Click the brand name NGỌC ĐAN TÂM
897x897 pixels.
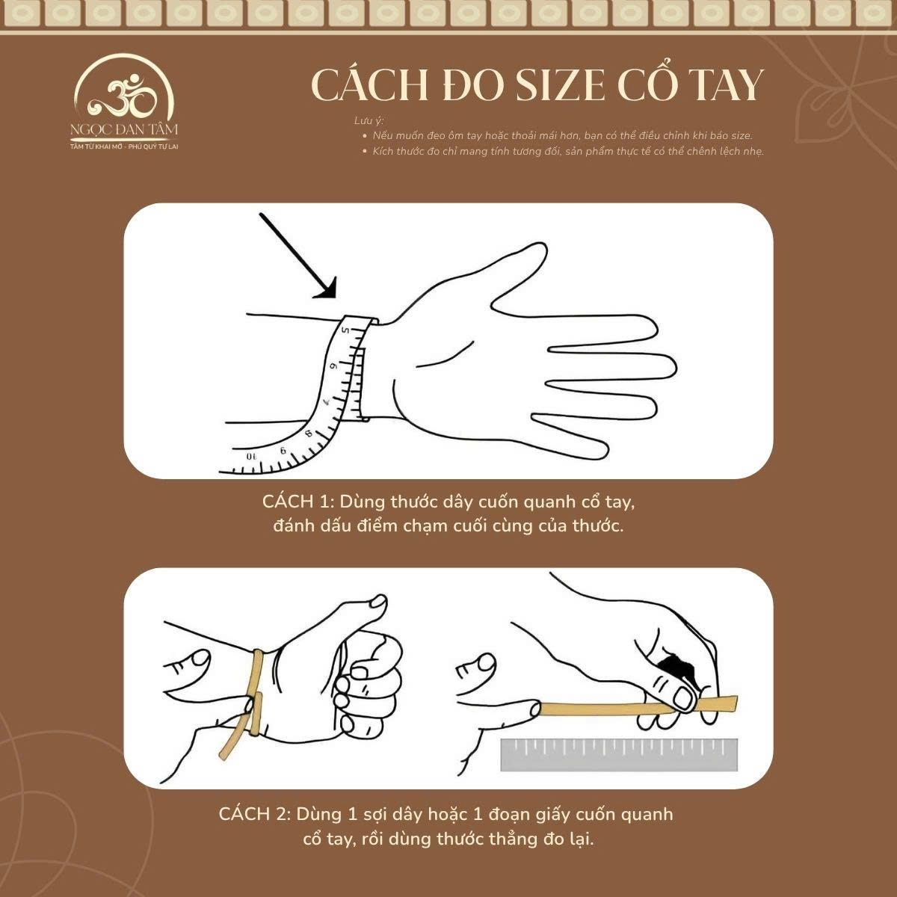(x=124, y=130)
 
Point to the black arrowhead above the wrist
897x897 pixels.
(x=327, y=289)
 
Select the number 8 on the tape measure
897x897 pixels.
(x=308, y=431)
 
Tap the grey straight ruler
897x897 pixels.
(x=619, y=755)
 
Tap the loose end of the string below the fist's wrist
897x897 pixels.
(x=227, y=750)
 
